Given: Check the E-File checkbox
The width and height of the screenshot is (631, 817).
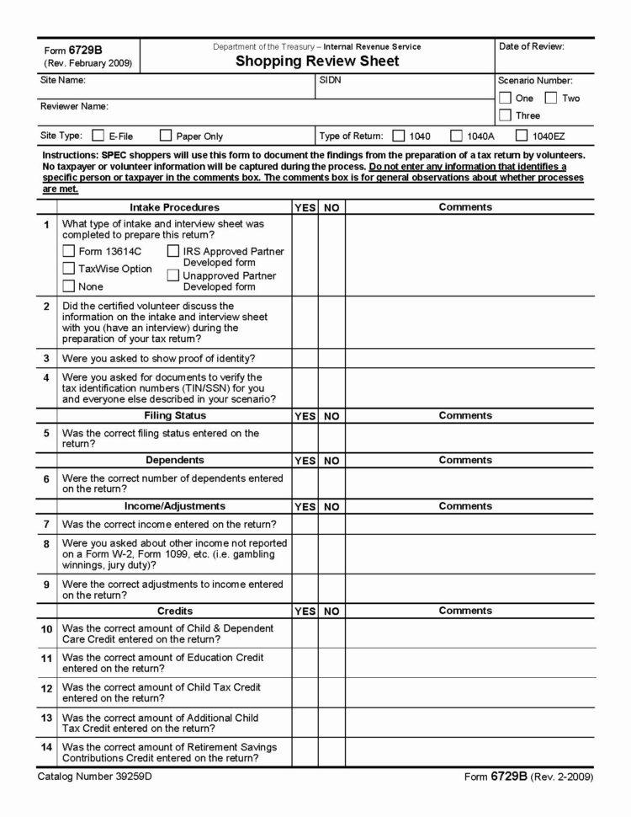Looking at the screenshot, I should tap(98, 135).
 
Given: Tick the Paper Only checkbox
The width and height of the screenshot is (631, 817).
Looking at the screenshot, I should tap(166, 135).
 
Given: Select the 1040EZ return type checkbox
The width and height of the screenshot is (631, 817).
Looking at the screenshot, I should tap(522, 135).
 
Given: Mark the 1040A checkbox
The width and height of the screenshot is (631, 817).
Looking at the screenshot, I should tap(456, 135).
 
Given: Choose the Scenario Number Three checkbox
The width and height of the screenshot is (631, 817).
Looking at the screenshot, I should tap(505, 115).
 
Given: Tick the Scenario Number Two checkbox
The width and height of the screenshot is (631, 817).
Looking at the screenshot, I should tap(551, 98).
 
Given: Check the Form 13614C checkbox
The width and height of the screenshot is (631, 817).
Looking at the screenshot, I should tap(69, 251).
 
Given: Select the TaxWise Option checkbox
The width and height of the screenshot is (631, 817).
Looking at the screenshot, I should tap(69, 269).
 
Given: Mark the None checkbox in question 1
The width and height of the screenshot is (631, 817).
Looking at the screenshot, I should tap(69, 286).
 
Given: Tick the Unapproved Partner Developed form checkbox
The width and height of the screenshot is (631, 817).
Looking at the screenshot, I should tap(172, 275).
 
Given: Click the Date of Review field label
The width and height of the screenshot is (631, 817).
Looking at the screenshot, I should tap(531, 46).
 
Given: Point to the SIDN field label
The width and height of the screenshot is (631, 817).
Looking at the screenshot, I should tap(330, 81).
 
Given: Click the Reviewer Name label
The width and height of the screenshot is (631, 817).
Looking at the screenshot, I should tap(74, 106).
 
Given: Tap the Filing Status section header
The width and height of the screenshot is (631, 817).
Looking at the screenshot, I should tap(174, 415).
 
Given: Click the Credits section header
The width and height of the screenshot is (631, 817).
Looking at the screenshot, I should tap(174, 611).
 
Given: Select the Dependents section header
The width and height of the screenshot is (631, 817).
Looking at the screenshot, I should tap(174, 461).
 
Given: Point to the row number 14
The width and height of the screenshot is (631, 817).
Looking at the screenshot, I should tap(46, 747).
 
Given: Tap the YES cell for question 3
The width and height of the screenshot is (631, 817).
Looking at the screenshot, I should tap(305, 358).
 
